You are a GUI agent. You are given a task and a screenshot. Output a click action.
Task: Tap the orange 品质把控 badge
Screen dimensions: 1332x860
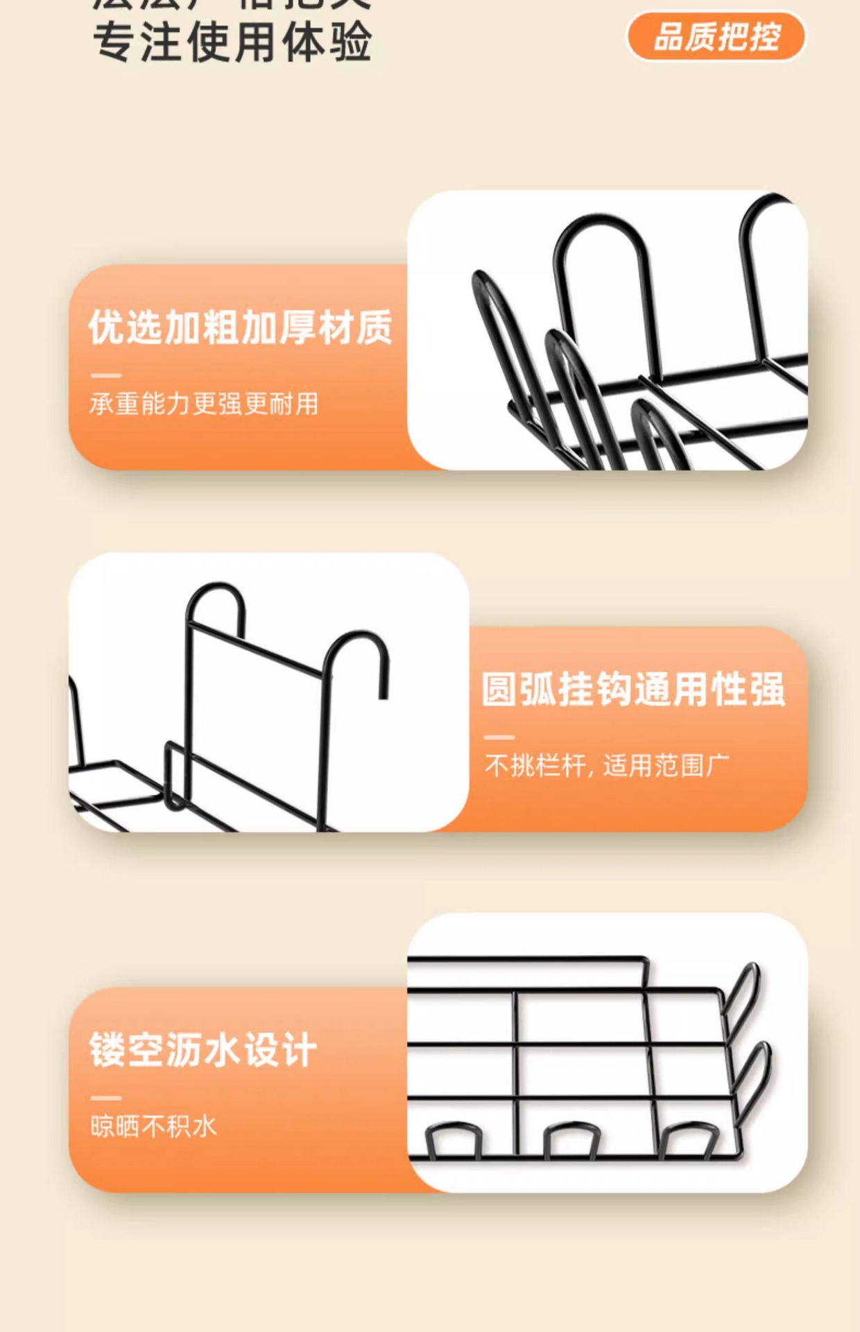[716, 37]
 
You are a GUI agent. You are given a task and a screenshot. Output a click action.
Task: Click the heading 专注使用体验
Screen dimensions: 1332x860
[232, 42]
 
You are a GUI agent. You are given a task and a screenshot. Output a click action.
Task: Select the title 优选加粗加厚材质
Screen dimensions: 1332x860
[240, 327]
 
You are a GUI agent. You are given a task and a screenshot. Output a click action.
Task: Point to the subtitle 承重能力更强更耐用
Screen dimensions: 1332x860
[204, 404]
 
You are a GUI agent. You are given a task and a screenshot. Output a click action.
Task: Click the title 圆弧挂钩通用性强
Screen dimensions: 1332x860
[633, 690]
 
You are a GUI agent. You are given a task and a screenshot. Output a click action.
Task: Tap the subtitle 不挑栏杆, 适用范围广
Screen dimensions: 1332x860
[607, 766]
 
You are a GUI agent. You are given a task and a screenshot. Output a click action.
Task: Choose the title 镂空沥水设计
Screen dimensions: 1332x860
[203, 1050]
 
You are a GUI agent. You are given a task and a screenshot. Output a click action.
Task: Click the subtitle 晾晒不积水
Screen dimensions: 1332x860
[154, 1126]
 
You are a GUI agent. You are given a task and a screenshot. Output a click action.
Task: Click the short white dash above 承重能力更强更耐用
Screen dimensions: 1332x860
[106, 375]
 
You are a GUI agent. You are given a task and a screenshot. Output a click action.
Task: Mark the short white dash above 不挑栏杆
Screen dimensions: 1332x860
[499, 737]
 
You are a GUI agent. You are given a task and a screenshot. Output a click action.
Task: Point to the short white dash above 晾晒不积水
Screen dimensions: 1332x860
[106, 1098]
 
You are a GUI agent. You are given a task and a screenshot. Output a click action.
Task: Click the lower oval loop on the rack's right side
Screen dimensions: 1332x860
[752, 1072]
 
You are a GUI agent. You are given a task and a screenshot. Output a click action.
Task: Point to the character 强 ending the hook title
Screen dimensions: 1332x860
[767, 690]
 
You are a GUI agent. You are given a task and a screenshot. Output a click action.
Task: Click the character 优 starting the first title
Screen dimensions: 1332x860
[107, 327]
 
